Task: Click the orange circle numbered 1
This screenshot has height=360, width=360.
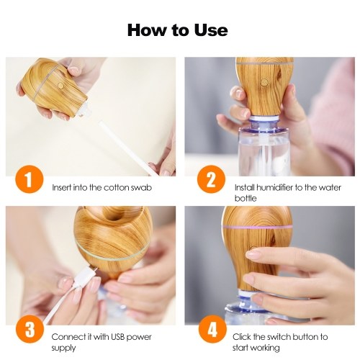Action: pyautogui.click(x=29, y=179)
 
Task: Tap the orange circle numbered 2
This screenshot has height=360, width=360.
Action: pyautogui.click(x=211, y=179)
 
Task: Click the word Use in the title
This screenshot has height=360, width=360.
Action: pyautogui.click(x=211, y=30)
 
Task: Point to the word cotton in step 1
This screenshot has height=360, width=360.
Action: pyautogui.click(x=116, y=187)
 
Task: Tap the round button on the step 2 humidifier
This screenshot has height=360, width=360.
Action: pyautogui.click(x=264, y=82)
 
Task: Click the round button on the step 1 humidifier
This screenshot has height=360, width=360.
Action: pyautogui.click(x=61, y=86)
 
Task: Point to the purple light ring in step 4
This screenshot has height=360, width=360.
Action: pyautogui.click(x=258, y=227)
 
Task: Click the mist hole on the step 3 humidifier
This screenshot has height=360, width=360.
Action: pyautogui.click(x=112, y=214)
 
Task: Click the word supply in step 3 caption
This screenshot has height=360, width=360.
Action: pyautogui.click(x=63, y=348)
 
